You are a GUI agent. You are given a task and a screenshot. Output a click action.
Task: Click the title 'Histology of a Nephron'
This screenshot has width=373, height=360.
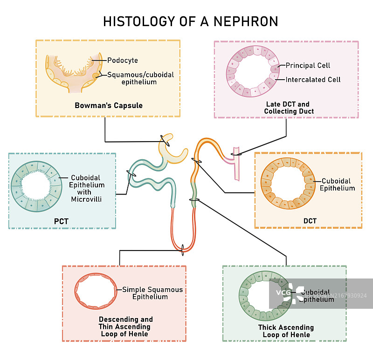click(x=190, y=21)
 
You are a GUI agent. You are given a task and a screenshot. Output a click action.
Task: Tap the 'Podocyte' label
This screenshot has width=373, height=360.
click(x=122, y=60)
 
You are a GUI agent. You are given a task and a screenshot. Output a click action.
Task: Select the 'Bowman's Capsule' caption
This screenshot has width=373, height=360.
click(x=109, y=105)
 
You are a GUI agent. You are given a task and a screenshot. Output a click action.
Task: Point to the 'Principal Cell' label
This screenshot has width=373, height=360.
click(x=307, y=65)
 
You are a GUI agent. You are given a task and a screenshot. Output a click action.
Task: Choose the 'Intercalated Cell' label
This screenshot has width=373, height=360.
click(x=313, y=80)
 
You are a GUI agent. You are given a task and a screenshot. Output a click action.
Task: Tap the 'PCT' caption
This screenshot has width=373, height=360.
click(x=61, y=221)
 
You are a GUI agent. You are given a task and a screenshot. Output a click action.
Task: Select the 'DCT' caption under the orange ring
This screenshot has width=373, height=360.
click(x=310, y=221)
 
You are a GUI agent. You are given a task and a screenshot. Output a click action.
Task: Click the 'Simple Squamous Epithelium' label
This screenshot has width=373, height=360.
click(x=152, y=293)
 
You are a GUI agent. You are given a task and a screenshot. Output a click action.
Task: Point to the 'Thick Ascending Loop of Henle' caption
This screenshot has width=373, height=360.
click(x=286, y=331)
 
